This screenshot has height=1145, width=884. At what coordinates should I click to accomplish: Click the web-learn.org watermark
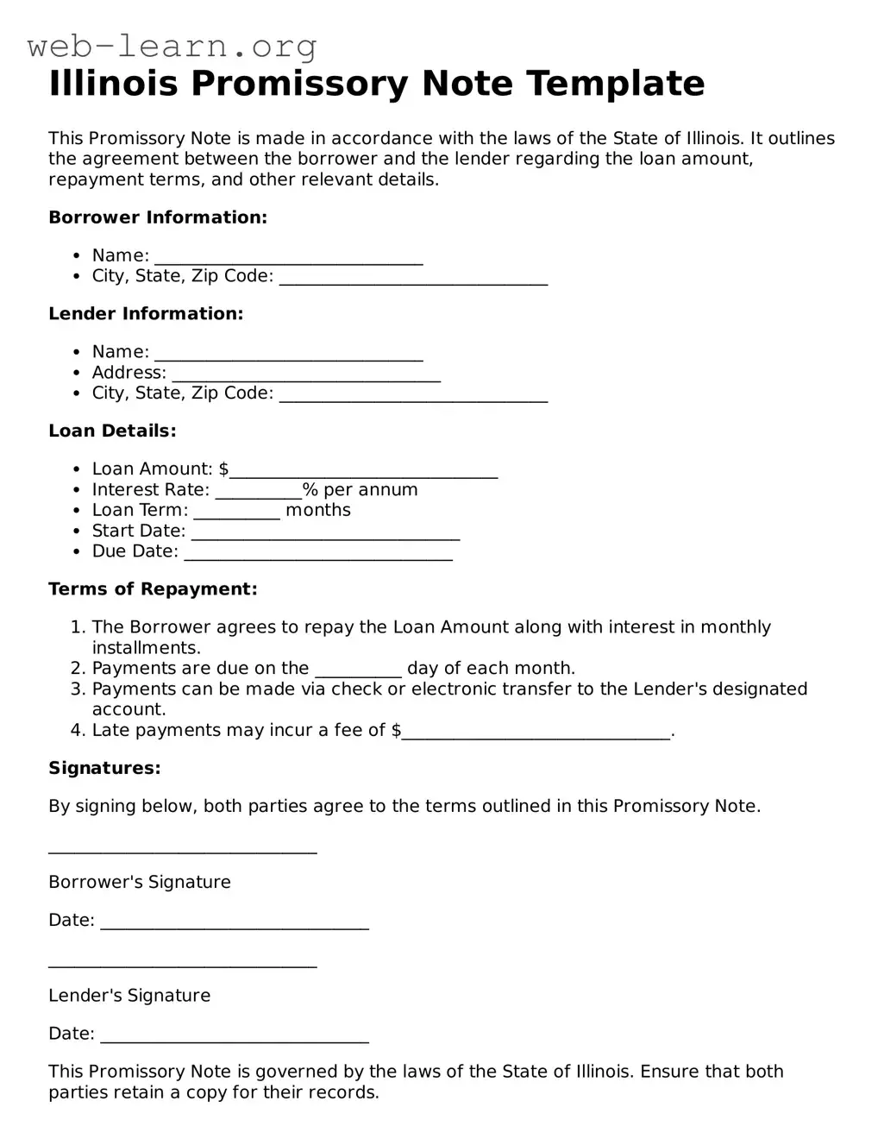[x=172, y=46]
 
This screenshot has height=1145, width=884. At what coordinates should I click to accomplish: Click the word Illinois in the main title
[x=113, y=84]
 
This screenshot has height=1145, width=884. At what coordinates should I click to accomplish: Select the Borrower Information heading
[x=158, y=217]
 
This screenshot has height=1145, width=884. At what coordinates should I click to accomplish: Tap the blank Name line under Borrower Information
[x=289, y=258]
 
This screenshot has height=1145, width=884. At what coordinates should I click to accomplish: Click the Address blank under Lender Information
[x=306, y=375]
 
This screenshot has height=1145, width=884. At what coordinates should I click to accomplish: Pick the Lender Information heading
[x=146, y=314]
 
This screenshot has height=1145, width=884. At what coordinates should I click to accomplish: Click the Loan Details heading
[x=112, y=431]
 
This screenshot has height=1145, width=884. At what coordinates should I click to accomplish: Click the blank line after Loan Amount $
[x=364, y=471]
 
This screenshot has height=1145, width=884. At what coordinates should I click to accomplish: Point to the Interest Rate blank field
[x=258, y=492]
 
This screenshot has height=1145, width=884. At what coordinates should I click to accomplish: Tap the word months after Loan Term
[x=318, y=510]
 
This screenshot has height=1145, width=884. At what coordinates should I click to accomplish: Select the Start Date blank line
[x=325, y=533]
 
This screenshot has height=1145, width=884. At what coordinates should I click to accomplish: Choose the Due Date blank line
[x=318, y=554]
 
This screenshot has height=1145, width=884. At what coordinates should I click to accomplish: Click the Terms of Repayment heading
[x=153, y=589]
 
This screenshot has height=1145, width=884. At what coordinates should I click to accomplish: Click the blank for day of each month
[x=359, y=671]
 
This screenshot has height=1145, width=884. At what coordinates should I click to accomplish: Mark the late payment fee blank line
[x=536, y=733]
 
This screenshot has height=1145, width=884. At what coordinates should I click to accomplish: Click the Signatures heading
[x=104, y=768]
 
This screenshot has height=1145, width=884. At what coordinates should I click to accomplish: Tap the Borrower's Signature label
[x=140, y=882]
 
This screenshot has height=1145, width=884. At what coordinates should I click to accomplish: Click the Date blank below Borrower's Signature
[x=235, y=923]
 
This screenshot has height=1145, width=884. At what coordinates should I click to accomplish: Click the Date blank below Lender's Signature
[x=235, y=1036]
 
